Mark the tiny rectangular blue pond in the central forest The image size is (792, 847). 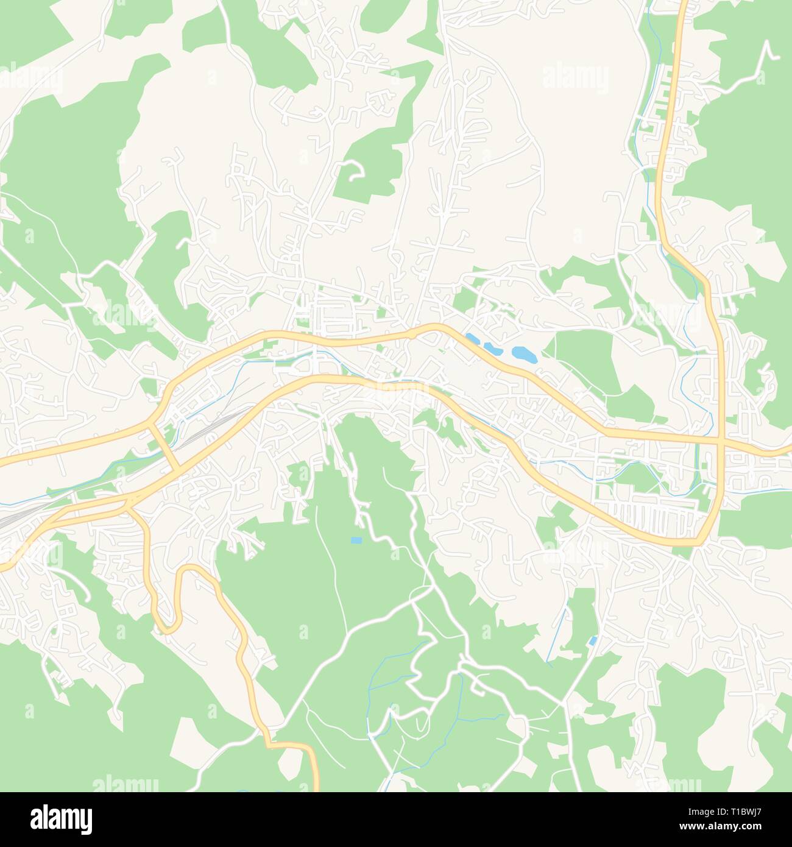click(356, 540)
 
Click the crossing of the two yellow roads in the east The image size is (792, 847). click(720, 438)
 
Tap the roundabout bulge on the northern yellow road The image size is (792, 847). click(412, 333)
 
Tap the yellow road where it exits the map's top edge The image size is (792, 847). click(682, 3)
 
